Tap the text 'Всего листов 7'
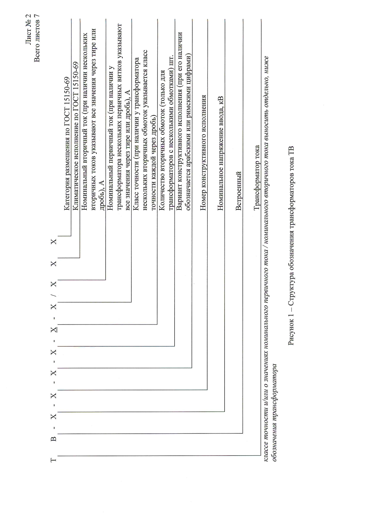click(x=37, y=38)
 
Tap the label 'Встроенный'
click(x=239, y=191)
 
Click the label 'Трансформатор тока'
click(x=257, y=177)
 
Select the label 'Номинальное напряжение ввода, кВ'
click(x=220, y=153)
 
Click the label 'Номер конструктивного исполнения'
click(x=203, y=153)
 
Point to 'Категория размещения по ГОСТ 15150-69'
click(x=67, y=144)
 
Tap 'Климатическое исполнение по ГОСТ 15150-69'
click(x=76, y=136)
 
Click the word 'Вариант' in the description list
click(x=179, y=200)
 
